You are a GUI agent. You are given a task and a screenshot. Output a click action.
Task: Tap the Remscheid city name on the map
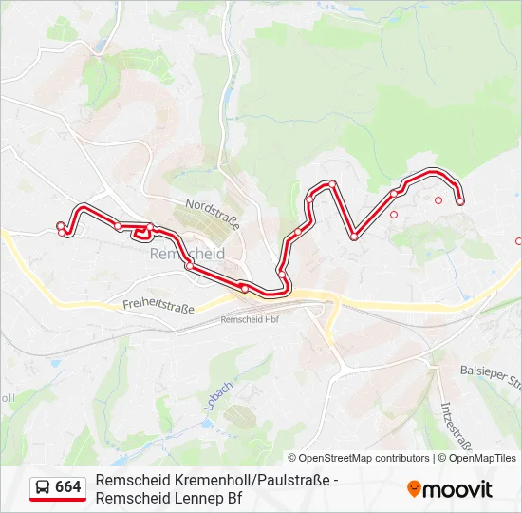click(187, 255)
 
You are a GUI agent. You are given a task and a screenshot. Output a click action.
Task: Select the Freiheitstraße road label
click(158, 306)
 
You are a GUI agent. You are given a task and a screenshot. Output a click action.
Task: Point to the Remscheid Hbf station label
click(249, 320)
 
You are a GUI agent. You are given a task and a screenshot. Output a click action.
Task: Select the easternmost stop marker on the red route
click(460, 201)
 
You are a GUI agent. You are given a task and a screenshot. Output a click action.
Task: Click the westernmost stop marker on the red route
click(61, 226)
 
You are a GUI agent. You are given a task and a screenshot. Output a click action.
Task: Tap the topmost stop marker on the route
click(332, 184)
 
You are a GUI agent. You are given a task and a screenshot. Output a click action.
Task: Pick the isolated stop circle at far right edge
click(518, 241)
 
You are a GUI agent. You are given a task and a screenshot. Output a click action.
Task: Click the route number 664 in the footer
click(68, 487)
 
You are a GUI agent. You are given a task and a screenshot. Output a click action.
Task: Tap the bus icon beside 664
click(44, 487)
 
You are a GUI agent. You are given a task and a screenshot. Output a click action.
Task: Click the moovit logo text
click(457, 489)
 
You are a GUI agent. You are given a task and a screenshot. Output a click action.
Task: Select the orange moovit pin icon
click(414, 488)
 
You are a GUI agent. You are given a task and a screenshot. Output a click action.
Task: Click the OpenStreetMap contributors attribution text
click(360, 458)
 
